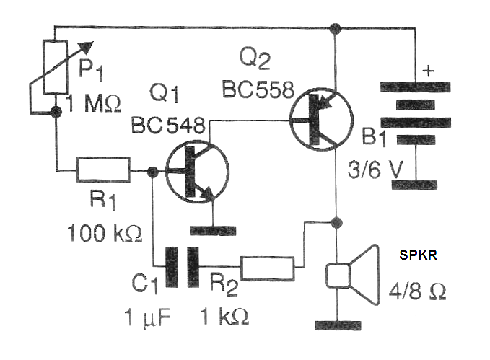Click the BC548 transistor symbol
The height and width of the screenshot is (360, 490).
(x=197, y=172)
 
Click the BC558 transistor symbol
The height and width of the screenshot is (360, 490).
(x=322, y=119)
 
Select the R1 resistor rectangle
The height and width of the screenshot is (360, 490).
(x=103, y=170)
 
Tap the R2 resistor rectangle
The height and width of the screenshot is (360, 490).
(x=267, y=268)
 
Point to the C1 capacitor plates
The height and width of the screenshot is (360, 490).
(x=182, y=267)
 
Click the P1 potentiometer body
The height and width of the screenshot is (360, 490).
(x=56, y=67)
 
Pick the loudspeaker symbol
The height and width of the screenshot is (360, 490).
(x=352, y=275)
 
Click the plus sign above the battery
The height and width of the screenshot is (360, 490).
(x=428, y=71)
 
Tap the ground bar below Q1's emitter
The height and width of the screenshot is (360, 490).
(x=213, y=231)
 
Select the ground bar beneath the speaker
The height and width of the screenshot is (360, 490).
(x=338, y=325)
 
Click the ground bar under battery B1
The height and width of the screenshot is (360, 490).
(x=414, y=185)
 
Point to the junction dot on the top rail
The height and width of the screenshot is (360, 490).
(x=336, y=28)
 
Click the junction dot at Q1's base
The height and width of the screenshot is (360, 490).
(x=152, y=171)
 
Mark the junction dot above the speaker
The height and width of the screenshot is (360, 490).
(x=336, y=222)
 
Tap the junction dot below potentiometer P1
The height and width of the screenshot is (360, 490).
(x=56, y=112)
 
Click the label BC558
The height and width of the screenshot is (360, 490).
(x=258, y=89)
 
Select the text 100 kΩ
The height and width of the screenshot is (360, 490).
(x=105, y=233)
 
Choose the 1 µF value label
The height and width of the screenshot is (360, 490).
(x=147, y=318)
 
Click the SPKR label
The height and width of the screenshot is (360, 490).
(x=418, y=255)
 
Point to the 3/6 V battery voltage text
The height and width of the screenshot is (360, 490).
(x=375, y=170)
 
